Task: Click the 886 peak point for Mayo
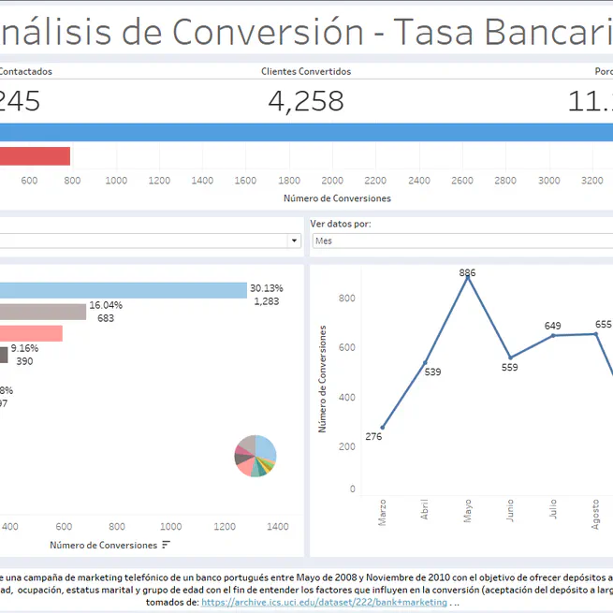click(x=468, y=277)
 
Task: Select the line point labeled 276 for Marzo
click(x=382, y=428)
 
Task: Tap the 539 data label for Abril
click(x=432, y=372)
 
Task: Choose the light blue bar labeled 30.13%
click(x=122, y=291)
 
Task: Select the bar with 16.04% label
click(x=42, y=313)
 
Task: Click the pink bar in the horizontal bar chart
click(x=30, y=334)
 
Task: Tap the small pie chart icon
click(x=255, y=456)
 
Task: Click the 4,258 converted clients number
click(x=306, y=101)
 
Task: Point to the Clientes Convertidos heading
click(x=306, y=71)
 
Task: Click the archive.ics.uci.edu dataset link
click(x=324, y=602)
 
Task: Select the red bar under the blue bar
click(x=34, y=156)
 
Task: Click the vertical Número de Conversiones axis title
click(x=323, y=379)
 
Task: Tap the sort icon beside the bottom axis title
click(x=167, y=545)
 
